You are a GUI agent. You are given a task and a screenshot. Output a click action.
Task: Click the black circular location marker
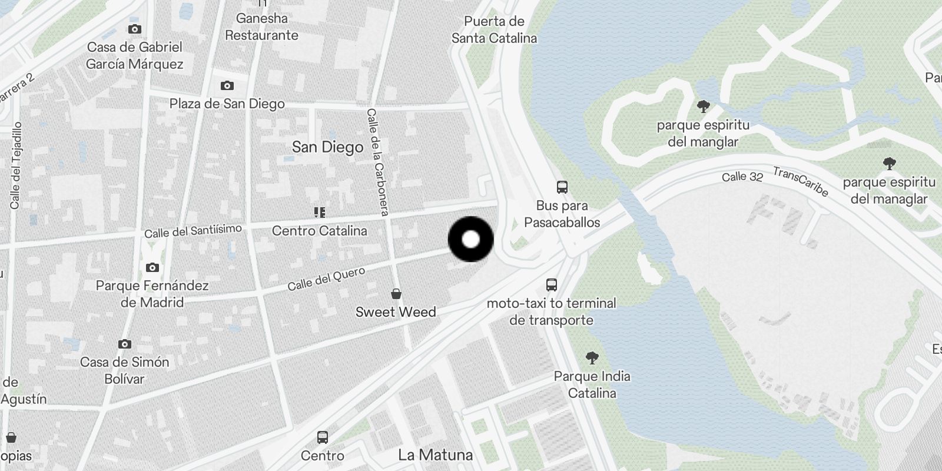pos(471,239)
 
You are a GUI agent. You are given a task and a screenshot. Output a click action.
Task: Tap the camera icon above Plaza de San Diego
pos(227,86)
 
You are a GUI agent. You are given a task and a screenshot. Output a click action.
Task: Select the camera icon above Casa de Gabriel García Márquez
pos(135,29)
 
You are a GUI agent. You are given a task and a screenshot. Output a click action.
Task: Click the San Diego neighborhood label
pos(327,147)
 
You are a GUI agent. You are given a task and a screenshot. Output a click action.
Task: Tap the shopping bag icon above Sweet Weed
pos(396,294)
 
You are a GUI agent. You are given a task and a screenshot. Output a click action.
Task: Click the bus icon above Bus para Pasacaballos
pos(562,188)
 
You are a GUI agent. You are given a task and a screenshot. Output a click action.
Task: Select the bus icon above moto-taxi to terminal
pos(552,285)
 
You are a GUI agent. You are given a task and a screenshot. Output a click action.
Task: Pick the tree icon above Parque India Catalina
pos(592,357)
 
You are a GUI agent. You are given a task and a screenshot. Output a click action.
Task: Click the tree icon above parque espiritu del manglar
pos(703,107)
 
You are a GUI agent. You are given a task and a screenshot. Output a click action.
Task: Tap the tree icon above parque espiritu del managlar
pos(889,164)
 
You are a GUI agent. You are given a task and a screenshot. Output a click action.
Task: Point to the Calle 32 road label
pos(742,177)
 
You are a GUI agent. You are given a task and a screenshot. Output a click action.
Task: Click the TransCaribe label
pos(801,181)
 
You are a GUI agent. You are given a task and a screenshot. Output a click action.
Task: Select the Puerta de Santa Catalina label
pos(494,30)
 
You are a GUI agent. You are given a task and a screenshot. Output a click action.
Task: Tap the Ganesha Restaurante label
pos(262,26)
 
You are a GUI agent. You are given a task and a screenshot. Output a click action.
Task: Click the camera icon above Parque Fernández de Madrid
pos(152,268)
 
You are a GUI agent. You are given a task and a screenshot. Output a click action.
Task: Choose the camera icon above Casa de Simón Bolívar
pos(124,344)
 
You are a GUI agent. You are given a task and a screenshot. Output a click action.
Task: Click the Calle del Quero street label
pos(326,278)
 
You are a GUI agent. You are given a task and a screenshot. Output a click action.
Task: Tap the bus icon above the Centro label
pos(322,437)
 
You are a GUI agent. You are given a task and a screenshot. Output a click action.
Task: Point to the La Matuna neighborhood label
pos(435,455)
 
